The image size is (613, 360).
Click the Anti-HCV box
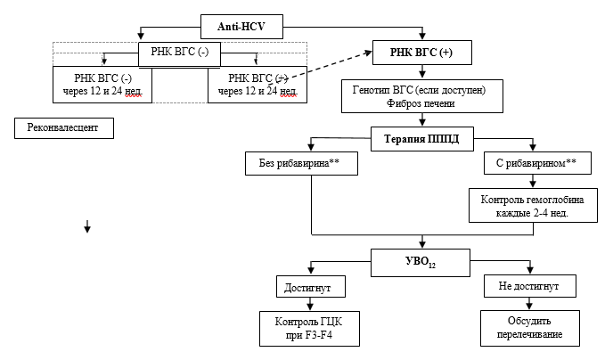tap(242, 28)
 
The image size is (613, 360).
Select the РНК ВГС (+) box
tap(421, 53)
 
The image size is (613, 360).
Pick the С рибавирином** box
tap(531, 164)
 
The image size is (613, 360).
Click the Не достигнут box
tap(531, 286)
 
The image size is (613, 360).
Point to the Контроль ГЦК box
tap(309, 328)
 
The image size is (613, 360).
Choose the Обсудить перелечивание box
tap(531, 328)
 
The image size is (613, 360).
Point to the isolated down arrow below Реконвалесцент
tap(87, 228)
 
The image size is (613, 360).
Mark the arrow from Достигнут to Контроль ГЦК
tap(309, 304)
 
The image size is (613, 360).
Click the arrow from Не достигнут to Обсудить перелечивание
tap(531, 304)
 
